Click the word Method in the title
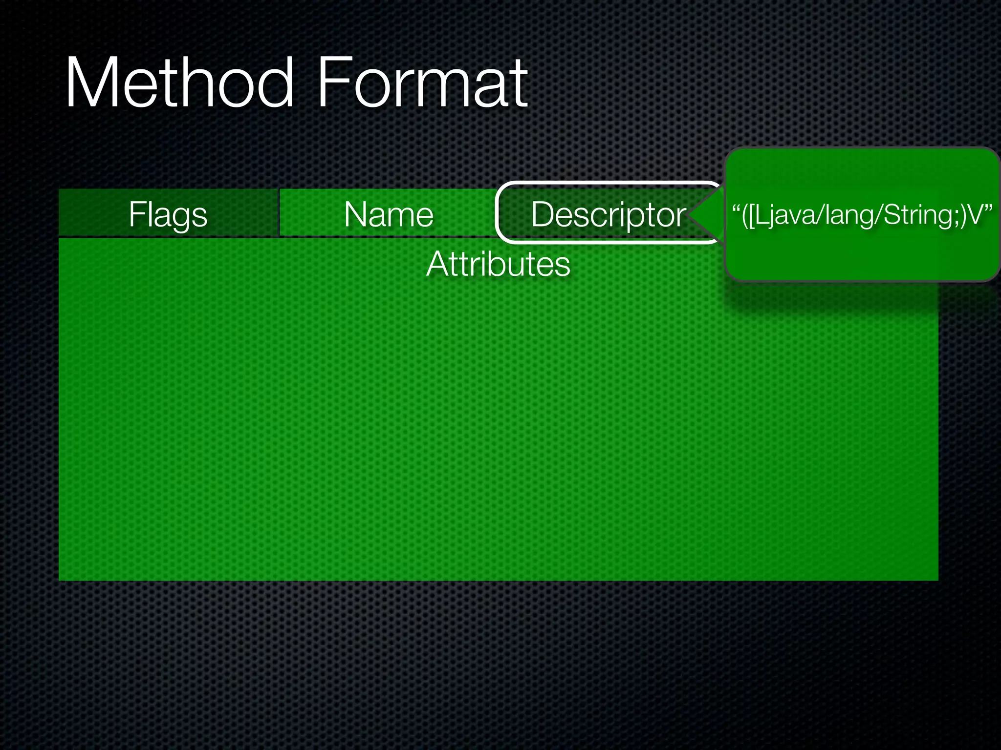pyautogui.click(x=179, y=83)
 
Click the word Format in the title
pyautogui.click(x=423, y=83)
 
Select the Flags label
pyautogui.click(x=168, y=214)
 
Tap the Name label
pyautogui.click(x=389, y=214)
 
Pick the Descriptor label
pyautogui.click(x=609, y=214)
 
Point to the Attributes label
pyautogui.click(x=498, y=264)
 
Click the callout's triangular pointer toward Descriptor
pyautogui.click(x=706, y=214)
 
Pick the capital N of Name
pyautogui.click(x=355, y=214)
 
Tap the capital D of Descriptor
pyautogui.click(x=543, y=214)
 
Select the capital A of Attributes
pyautogui.click(x=437, y=264)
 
